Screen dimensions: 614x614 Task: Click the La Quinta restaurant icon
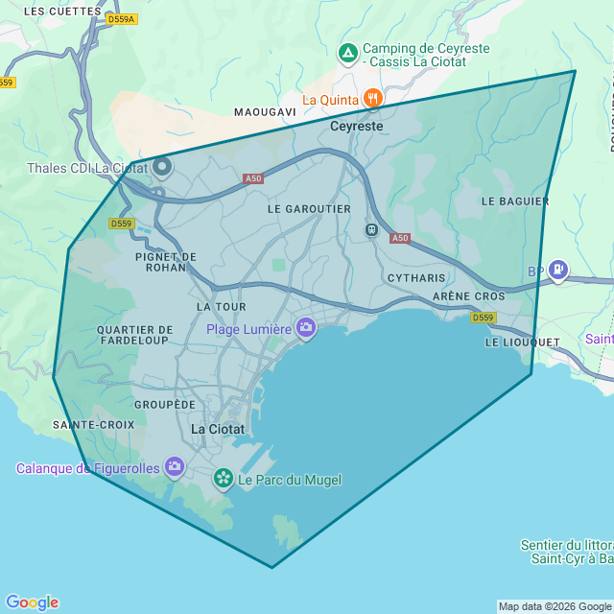[372, 98]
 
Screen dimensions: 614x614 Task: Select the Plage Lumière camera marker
[306, 329]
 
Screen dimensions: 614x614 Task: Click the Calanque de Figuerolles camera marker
[175, 467]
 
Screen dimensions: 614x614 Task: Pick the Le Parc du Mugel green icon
[224, 478]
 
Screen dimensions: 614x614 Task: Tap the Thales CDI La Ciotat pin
[162, 168]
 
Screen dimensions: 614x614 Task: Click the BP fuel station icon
[558, 271]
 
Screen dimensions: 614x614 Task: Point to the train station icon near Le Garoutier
[371, 229]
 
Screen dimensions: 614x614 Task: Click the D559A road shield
[122, 18]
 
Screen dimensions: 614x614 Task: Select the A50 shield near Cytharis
[400, 238]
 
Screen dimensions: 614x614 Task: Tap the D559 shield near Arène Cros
[484, 318]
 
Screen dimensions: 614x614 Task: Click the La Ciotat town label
[218, 429]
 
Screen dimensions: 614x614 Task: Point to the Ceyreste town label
[356, 126]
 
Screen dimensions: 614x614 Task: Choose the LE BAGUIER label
[515, 201]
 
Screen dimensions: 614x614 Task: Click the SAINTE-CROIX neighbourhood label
[94, 424]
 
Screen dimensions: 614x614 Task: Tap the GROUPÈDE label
[165, 405]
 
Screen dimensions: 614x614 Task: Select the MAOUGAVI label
[265, 112]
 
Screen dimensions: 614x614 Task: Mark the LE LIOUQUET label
[522, 342]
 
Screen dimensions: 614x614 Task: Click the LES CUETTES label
[61, 11]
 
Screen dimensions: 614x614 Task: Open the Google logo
[32, 602]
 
